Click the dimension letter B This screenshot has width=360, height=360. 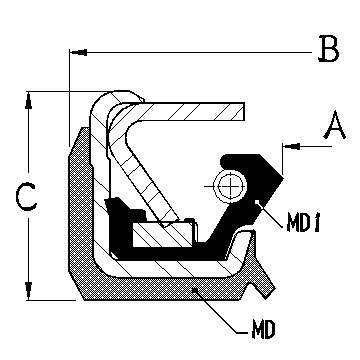(x=327, y=48)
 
